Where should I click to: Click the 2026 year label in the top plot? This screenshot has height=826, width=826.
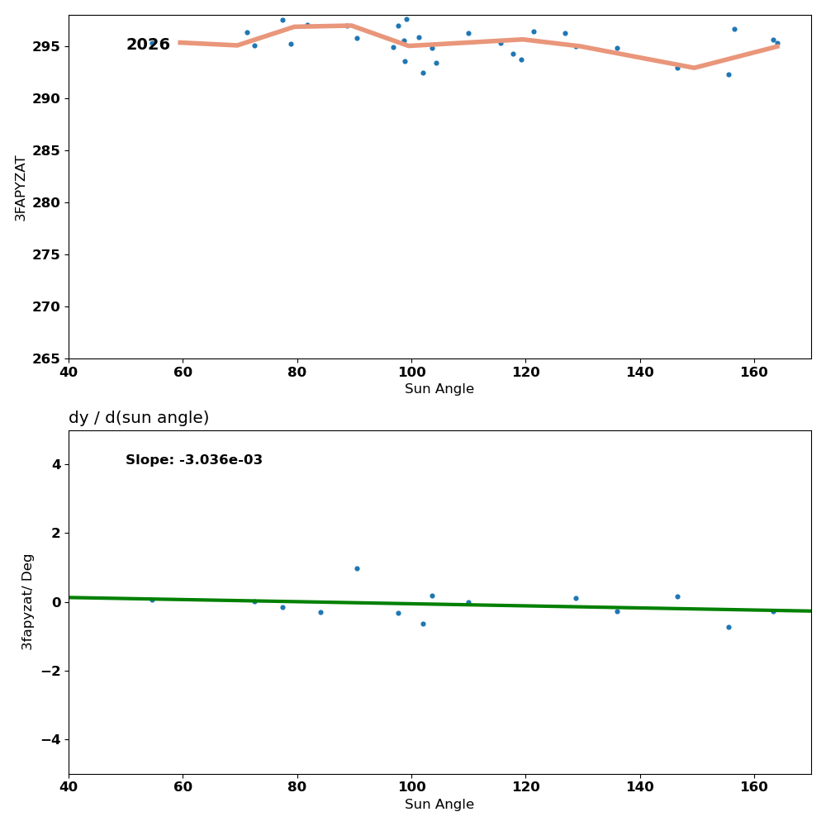(148, 45)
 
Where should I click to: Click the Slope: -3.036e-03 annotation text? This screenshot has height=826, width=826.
(194, 460)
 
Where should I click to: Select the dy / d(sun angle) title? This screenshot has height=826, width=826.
(139, 418)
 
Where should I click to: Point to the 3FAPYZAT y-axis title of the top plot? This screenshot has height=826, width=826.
(21, 188)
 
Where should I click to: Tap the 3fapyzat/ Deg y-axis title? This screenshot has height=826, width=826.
(28, 602)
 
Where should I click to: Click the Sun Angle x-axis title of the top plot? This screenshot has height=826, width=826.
(439, 389)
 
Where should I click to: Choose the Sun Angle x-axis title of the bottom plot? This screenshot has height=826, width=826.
(439, 805)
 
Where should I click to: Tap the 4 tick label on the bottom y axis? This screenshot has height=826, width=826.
(56, 464)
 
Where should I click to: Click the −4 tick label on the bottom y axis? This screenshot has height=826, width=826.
(50, 739)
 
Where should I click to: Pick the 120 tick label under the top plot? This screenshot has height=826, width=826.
(525, 373)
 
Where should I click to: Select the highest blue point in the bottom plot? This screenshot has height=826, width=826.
(357, 568)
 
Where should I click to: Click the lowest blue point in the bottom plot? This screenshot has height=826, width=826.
(729, 627)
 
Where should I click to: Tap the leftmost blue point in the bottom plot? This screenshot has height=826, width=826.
(152, 600)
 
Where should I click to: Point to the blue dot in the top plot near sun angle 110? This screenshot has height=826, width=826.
(468, 34)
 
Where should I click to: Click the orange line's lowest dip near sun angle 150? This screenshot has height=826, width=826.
(694, 68)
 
